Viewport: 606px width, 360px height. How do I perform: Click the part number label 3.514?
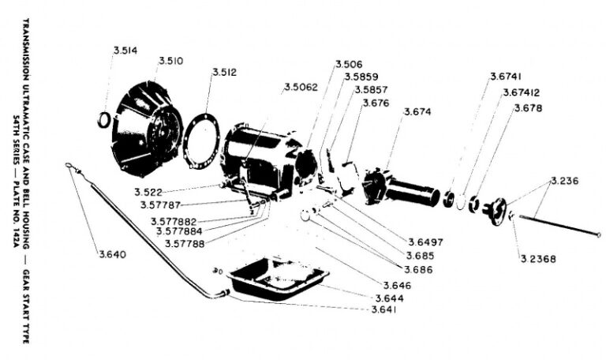pyautogui.click(x=125, y=51)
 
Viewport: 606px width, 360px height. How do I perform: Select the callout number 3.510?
pyautogui.click(x=171, y=61)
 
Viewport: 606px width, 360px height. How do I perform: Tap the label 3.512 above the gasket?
pyautogui.click(x=224, y=73)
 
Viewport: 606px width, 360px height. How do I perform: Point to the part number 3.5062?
pyautogui.click(x=304, y=87)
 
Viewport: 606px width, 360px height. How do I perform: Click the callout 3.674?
pyautogui.click(x=417, y=112)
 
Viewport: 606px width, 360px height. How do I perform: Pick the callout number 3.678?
pyautogui.click(x=528, y=107)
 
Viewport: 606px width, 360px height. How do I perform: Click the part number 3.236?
pyautogui.click(x=565, y=181)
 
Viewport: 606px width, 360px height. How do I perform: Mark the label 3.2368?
pyautogui.click(x=539, y=258)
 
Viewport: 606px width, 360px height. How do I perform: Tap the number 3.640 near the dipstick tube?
pyautogui.click(x=113, y=254)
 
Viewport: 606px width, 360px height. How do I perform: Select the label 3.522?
pyautogui.click(x=148, y=193)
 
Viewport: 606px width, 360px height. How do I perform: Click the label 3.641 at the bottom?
pyautogui.click(x=384, y=309)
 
